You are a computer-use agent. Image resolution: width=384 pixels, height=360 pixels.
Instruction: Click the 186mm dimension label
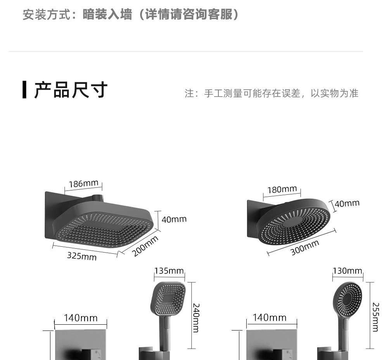[83, 183]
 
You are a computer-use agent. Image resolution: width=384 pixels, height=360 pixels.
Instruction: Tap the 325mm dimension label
[82, 256]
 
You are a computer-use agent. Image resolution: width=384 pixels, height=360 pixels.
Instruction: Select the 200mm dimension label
[145, 246]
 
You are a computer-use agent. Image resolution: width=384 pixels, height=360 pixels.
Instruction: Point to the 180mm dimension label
[282, 189]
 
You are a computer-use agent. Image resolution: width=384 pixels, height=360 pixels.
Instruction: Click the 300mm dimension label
[305, 247]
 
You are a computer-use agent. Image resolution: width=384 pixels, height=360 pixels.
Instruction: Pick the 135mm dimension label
[169, 270]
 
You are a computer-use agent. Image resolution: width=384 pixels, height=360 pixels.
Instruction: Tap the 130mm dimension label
[347, 270]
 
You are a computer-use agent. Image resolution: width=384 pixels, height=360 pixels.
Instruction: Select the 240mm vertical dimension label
[196, 318]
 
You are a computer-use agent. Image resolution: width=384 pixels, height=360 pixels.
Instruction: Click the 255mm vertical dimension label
[375, 317]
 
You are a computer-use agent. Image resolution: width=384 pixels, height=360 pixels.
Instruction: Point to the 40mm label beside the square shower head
[174, 219]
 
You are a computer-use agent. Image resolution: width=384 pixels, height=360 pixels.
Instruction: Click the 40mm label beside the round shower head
[347, 203]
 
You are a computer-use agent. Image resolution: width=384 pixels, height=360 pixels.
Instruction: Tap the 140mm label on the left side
[81, 318]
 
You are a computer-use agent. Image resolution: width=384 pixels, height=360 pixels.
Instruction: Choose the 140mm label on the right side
[270, 318]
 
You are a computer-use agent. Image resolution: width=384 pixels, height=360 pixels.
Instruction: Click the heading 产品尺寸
[71, 90]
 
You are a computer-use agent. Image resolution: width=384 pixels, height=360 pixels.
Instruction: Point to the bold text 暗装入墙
[107, 15]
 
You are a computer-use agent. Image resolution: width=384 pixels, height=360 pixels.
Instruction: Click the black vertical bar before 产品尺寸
[25, 90]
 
